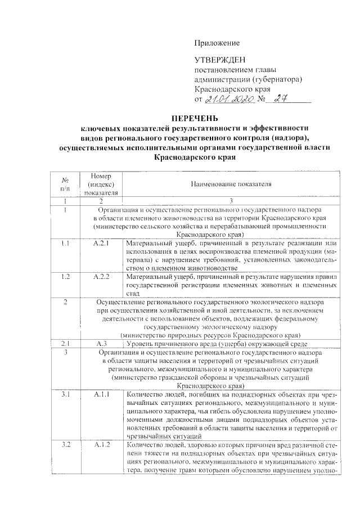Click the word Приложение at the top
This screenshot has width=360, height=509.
(217, 43)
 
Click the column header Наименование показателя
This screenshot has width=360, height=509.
(231, 184)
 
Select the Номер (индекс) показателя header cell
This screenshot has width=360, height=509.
(101, 184)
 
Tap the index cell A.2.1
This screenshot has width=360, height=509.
(101, 244)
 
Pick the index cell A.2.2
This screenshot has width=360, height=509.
(101, 277)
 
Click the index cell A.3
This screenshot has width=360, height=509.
(101, 343)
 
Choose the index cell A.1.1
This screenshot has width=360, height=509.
(101, 394)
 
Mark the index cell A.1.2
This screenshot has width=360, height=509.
(101, 444)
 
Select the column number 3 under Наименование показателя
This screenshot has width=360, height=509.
(231, 201)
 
